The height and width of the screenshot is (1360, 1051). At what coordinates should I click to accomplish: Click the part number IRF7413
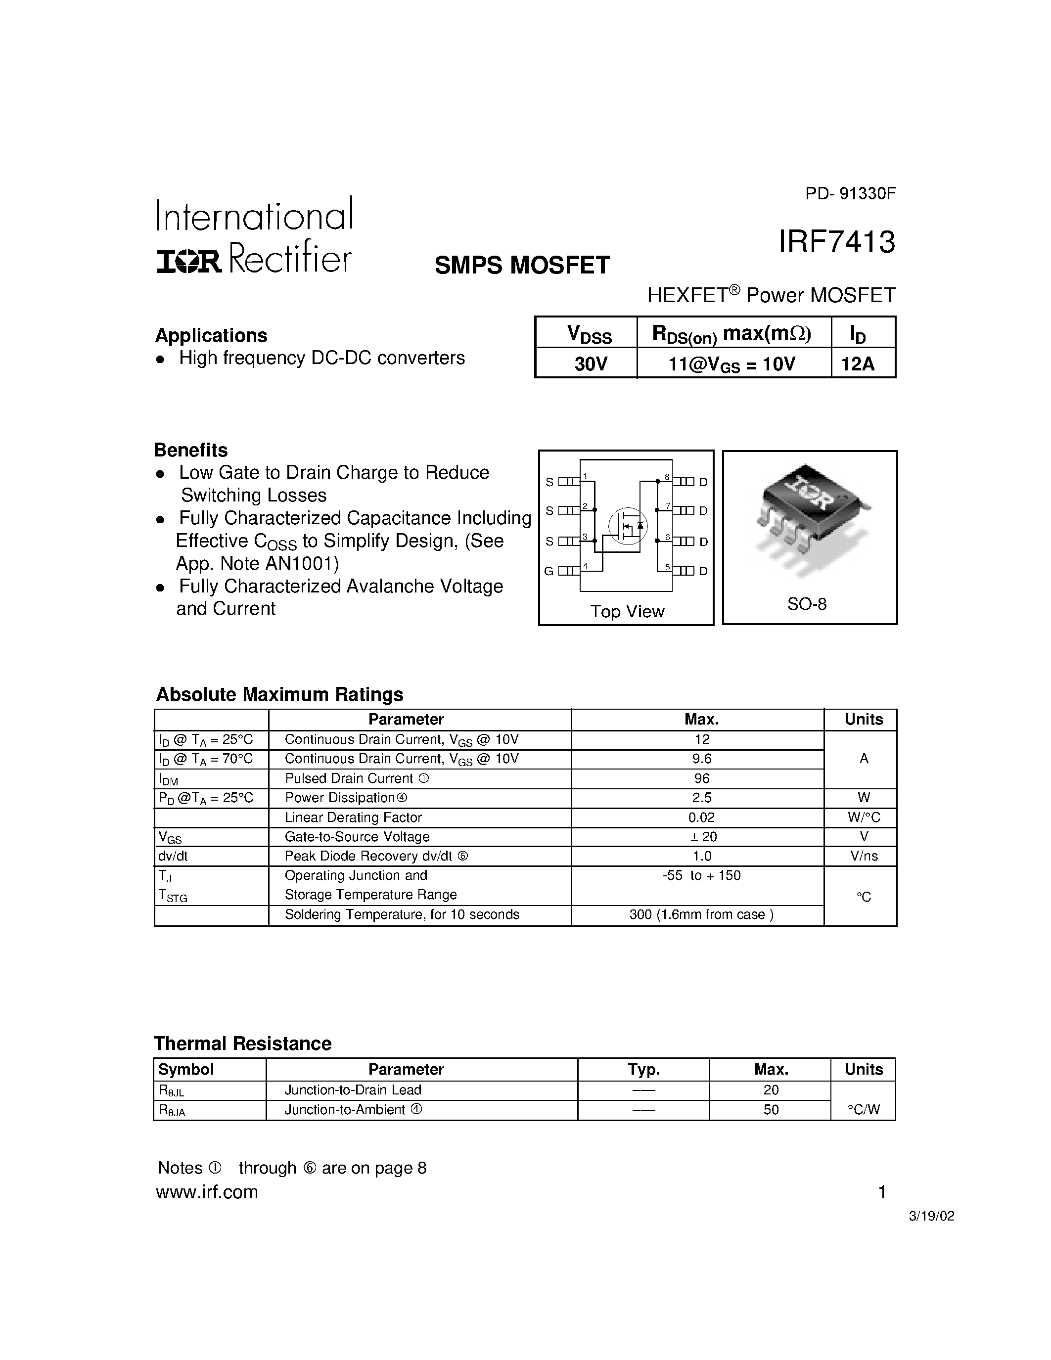836,242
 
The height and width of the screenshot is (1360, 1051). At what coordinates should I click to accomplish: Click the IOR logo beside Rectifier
188,262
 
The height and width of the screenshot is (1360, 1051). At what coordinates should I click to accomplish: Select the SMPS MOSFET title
522,265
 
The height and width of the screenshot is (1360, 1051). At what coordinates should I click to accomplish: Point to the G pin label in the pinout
548,571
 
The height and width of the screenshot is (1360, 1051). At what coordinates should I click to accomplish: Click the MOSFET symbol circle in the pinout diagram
628,526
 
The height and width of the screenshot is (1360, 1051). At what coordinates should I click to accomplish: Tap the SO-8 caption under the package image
807,603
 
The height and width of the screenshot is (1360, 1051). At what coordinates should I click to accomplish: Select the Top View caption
627,611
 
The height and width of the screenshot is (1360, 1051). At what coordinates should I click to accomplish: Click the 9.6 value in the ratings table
702,759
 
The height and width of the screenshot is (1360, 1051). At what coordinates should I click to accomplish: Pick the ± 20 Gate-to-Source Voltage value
702,836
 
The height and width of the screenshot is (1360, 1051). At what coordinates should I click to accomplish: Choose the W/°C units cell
864,817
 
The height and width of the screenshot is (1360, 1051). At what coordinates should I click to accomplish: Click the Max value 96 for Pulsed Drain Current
702,778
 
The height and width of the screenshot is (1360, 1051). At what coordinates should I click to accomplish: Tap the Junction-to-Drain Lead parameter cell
353,1090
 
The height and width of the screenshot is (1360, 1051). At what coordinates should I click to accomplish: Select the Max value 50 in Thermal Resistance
771,1109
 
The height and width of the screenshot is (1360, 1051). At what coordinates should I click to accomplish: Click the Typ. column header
644,1069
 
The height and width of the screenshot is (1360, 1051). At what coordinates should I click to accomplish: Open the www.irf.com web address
207,1192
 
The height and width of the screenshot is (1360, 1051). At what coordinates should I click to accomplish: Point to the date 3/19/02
931,1216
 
